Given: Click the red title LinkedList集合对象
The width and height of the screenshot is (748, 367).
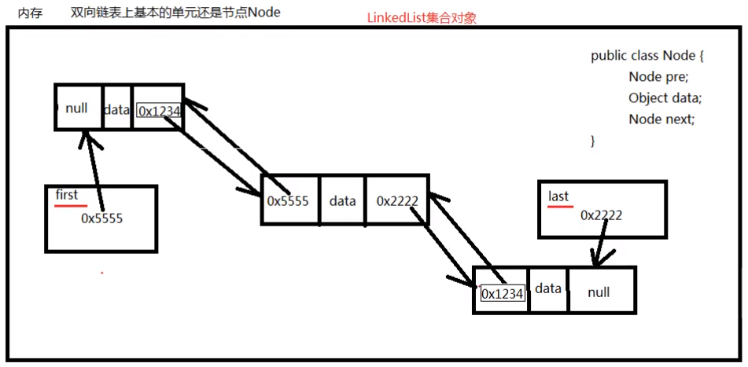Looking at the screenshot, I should [422, 18].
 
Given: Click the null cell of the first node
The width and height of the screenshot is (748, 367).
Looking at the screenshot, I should [77, 108].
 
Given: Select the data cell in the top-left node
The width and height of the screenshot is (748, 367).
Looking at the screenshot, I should [116, 110].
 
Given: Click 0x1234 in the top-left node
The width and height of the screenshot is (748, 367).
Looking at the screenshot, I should [160, 112].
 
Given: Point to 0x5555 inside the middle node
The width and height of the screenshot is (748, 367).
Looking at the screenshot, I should [289, 200].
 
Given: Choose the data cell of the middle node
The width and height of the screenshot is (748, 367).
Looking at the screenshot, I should [343, 200].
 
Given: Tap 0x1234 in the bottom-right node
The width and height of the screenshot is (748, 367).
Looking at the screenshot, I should [502, 294].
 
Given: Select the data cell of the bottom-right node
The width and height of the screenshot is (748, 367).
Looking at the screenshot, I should [548, 288].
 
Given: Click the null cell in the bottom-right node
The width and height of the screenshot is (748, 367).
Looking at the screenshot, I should [599, 292].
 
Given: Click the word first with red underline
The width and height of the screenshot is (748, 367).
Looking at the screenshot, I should [67, 194].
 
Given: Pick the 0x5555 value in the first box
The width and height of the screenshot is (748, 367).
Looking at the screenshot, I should [101, 218].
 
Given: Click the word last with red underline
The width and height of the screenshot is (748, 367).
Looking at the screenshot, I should [558, 196].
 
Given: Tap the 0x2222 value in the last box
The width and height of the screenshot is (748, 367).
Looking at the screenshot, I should [601, 215].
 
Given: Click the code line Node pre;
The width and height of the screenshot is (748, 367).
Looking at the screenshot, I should [658, 77].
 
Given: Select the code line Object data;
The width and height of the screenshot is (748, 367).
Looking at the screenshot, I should [665, 98].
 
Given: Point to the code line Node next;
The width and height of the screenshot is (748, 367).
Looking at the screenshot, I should [661, 119].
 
